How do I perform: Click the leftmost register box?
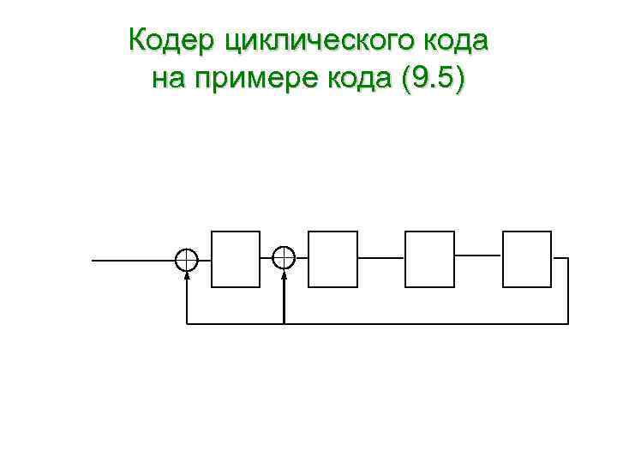tap(236, 258)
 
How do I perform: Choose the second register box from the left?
tap(332, 258)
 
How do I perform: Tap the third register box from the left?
tap(429, 258)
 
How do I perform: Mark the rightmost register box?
tap(527, 258)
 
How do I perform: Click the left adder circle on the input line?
tap(186, 258)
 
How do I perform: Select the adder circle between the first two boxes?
tap(284, 257)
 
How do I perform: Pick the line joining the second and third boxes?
tap(380, 257)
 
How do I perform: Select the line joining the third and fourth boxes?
tap(478, 255)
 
